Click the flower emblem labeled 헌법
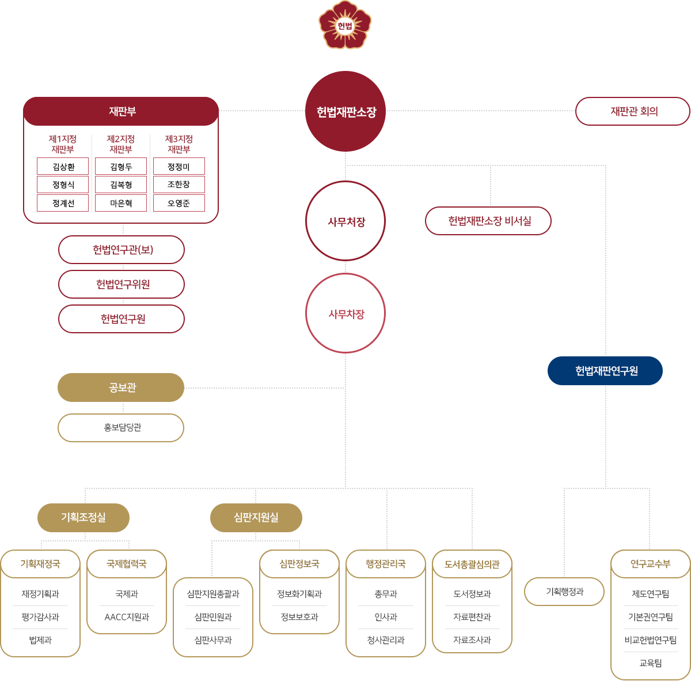click(x=345, y=25)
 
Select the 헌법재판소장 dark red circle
click(x=345, y=111)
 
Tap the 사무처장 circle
click(x=345, y=221)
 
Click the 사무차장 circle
click(x=345, y=314)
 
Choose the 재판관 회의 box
click(x=633, y=111)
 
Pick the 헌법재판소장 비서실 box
click(x=488, y=221)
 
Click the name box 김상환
click(x=63, y=167)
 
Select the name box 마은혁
click(x=120, y=203)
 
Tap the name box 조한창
click(x=179, y=185)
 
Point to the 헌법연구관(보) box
click(x=122, y=250)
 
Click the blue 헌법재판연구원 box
click(x=605, y=371)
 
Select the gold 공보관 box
click(x=121, y=387)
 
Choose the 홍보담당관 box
click(x=121, y=428)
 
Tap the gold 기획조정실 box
click(x=83, y=518)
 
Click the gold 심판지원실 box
click(x=256, y=518)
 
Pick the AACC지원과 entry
click(x=127, y=617)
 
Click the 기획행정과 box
click(x=564, y=592)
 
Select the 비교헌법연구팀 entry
click(x=650, y=640)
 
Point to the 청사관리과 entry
click(x=386, y=640)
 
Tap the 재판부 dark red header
click(x=121, y=111)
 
